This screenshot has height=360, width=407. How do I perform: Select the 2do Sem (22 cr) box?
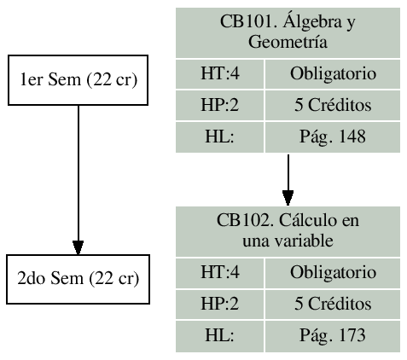78,279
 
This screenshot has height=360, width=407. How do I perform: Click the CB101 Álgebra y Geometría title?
288,32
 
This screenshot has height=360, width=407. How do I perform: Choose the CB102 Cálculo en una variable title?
288,230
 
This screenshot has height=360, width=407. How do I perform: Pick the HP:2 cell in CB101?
218,107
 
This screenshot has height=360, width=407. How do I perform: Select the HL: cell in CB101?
218,136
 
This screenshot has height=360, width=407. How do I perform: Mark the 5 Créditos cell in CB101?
334,107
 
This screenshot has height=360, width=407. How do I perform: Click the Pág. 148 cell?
334,136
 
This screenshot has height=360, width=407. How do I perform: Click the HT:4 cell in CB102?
218,273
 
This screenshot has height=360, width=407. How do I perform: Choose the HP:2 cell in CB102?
218,304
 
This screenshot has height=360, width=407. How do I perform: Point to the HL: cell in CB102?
218,334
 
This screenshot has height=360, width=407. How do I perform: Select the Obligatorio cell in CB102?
334,273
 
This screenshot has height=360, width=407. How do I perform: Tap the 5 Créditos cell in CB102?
334,304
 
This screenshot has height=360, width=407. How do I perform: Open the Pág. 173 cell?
334,334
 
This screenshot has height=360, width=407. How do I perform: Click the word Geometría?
288,41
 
